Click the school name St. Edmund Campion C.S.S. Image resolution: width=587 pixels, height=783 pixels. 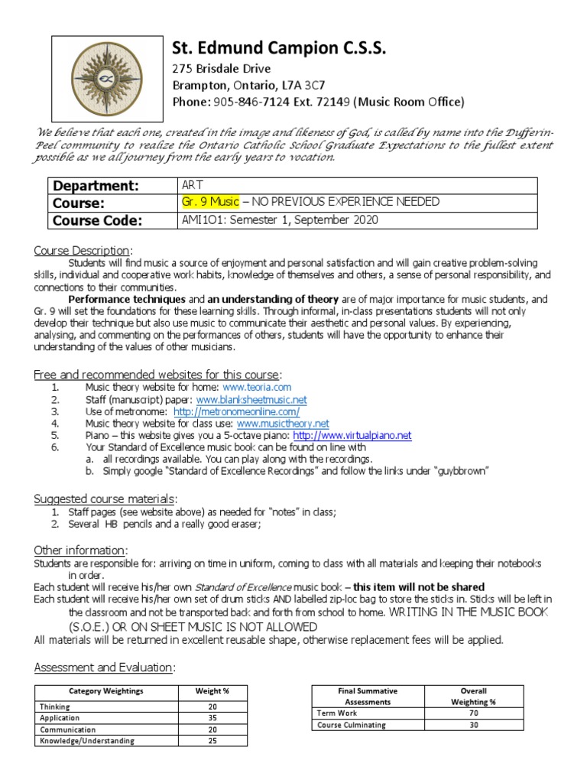(278, 50)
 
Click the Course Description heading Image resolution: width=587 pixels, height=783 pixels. (82, 251)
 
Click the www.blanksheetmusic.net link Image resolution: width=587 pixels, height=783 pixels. (251, 399)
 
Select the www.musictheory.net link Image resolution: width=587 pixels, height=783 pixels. (283, 423)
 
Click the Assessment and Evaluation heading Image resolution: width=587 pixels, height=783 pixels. (104, 668)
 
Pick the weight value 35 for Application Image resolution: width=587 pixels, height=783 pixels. (213, 719)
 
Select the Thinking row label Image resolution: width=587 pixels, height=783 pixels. (55, 707)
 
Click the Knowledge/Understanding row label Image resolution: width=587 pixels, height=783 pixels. (86, 741)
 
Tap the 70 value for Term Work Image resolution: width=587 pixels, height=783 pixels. (474, 713)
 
